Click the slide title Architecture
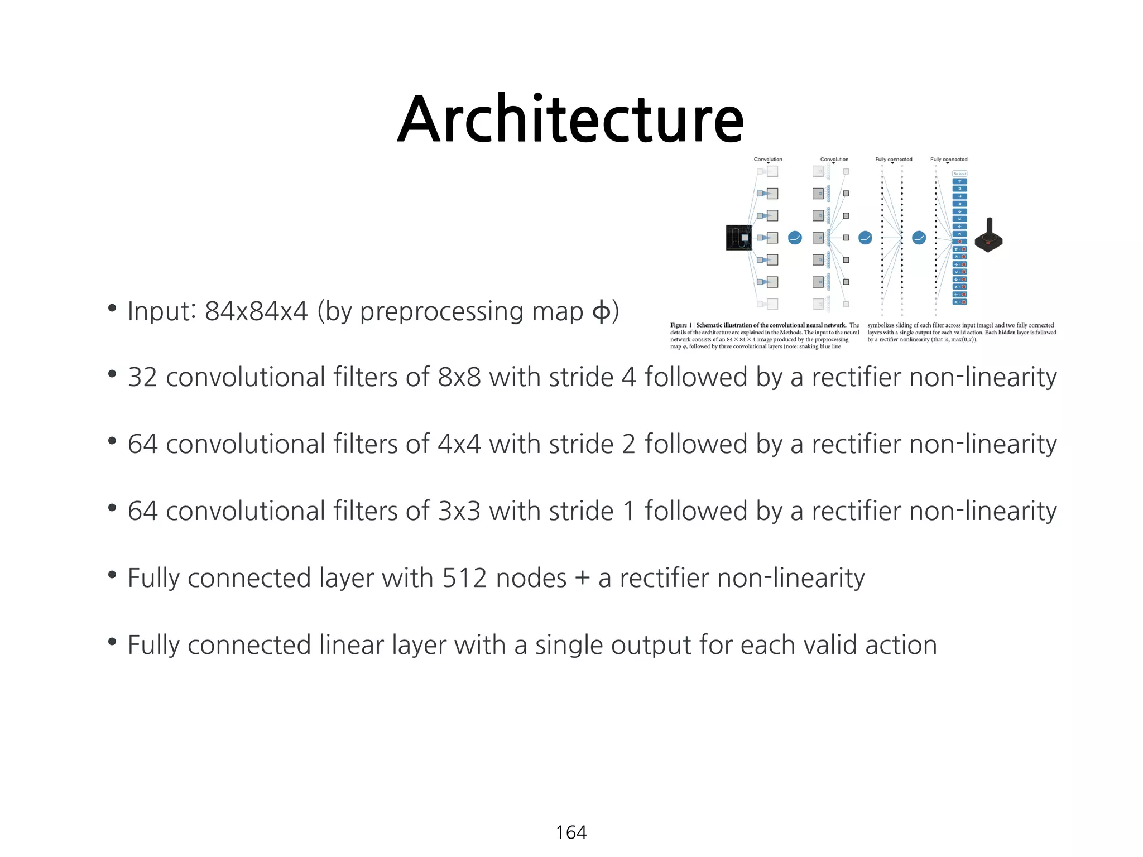[x=570, y=119]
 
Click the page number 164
[x=571, y=832]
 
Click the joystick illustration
[x=988, y=236]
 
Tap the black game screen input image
[x=738, y=238]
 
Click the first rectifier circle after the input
[x=795, y=238]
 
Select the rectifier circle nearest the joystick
[x=919, y=238]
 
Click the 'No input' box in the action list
[x=959, y=174]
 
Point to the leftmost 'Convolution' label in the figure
[x=768, y=160]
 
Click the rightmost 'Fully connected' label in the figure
[x=949, y=160]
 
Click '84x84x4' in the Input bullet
[x=256, y=311]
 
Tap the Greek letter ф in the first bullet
[x=601, y=311]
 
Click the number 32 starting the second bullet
[x=142, y=377]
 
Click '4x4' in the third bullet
[x=459, y=444]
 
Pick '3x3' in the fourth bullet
[x=459, y=511]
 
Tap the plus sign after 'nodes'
[x=582, y=579]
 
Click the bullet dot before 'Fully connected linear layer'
[x=112, y=642]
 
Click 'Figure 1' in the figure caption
[x=680, y=325]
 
